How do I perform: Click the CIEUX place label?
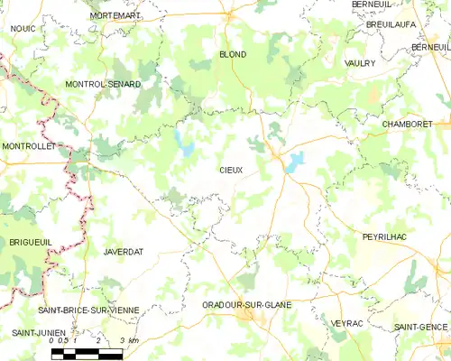[231, 169]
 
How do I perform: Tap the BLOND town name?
[233, 54]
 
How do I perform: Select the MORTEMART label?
[115, 16]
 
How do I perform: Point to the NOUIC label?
[22, 29]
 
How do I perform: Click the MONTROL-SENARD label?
[103, 84]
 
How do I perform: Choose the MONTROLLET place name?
[30, 145]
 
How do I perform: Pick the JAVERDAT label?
[124, 251]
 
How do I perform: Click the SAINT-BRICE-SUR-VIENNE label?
[88, 310]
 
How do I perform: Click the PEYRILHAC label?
[386, 235]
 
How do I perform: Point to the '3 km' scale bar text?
[128, 340]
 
